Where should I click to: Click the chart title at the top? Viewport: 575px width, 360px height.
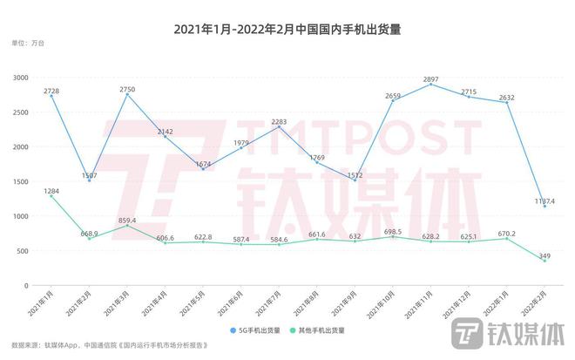287,29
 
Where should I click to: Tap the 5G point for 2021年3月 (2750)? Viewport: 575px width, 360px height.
127,95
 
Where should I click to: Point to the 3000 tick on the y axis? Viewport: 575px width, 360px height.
20,78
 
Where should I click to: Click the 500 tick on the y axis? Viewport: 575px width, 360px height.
23,251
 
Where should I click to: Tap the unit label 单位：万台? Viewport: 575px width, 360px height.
28,44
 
